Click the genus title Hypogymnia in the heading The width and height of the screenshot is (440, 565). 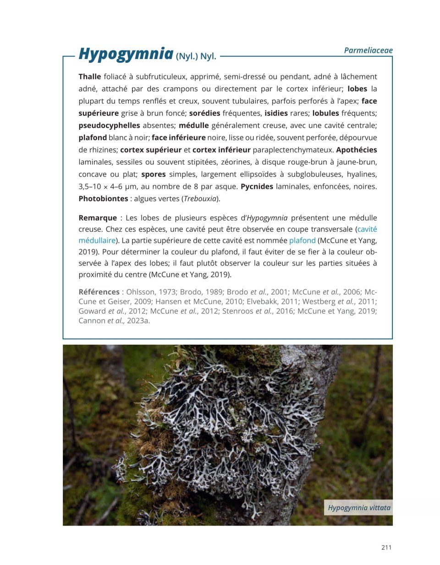[125, 54]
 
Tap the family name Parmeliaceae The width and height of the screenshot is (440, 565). [368, 50]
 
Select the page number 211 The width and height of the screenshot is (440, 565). [386, 547]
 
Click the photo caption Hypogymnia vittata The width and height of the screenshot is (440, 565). [359, 507]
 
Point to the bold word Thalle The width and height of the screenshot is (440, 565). [89, 76]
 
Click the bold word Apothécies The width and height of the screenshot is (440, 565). [356, 150]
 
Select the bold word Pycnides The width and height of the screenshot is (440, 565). [257, 186]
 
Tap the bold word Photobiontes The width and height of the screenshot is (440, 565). [103, 199]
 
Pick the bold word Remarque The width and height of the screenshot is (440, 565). [97, 218]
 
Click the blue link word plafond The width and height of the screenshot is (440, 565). [302, 240]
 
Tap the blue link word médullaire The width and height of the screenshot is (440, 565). [97, 240]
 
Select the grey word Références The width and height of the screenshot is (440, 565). [99, 292]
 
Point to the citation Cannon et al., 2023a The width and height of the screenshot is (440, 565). [114, 321]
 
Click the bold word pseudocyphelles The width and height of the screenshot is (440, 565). [109, 125]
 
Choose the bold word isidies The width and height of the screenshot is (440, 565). [276, 113]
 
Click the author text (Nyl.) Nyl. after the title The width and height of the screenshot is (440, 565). [196, 57]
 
